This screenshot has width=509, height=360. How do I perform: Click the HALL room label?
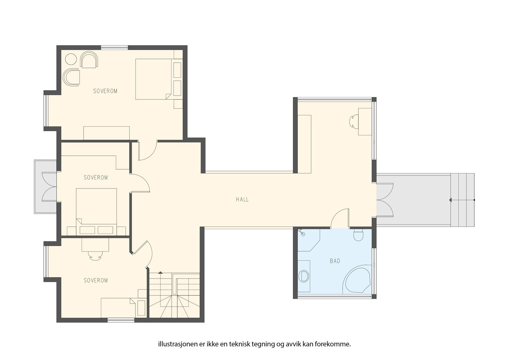coord(242,200)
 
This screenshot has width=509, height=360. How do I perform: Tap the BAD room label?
coord(335,261)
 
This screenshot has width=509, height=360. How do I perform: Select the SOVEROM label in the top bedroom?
coord(105,91)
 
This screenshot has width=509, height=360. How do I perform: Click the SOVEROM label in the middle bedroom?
coord(96,177)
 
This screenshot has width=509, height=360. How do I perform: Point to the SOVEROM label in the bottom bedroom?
coord(96,280)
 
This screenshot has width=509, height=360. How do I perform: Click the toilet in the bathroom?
coord(358,235)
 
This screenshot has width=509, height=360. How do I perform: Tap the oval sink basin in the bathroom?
coord(303,276)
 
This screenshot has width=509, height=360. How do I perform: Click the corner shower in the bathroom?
coord(309,240)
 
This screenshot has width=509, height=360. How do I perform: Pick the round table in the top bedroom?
coord(71,59)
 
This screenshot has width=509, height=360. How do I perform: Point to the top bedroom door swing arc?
coord(151,156)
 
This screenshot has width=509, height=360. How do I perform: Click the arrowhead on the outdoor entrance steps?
coord(450,200)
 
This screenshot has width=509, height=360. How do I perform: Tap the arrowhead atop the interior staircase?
coord(160,272)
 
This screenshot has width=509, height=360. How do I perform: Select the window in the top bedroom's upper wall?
coord(115,47)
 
